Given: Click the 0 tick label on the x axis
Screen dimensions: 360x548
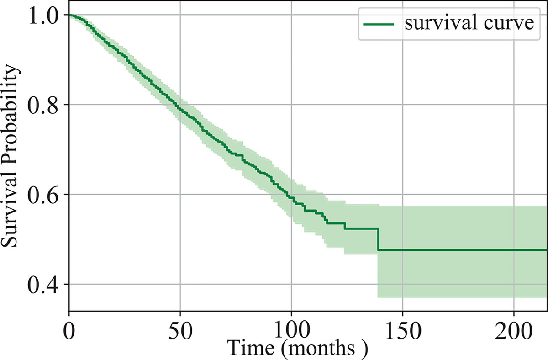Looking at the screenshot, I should [69, 329].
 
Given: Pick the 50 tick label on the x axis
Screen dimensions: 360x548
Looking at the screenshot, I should [180, 329].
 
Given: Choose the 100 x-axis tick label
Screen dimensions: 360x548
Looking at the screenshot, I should [291, 329].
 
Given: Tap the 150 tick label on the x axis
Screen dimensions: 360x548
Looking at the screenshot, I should [403, 329].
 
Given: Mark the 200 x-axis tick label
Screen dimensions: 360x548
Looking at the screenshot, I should [514, 329].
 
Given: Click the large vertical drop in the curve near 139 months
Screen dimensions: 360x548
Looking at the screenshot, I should [378, 239].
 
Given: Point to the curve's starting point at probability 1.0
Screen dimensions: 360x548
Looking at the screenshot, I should [69, 15].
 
